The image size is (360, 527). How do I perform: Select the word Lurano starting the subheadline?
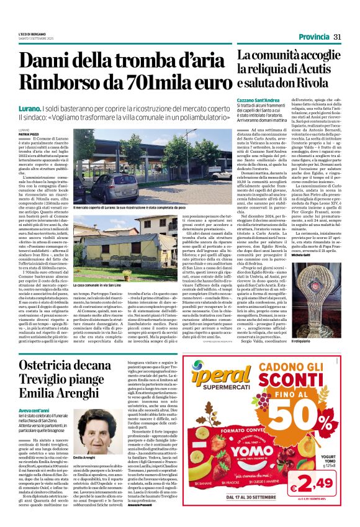pyautogui.click(x=31, y=108)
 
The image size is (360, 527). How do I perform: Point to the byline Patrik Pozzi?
pyautogui.click(x=29, y=134)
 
